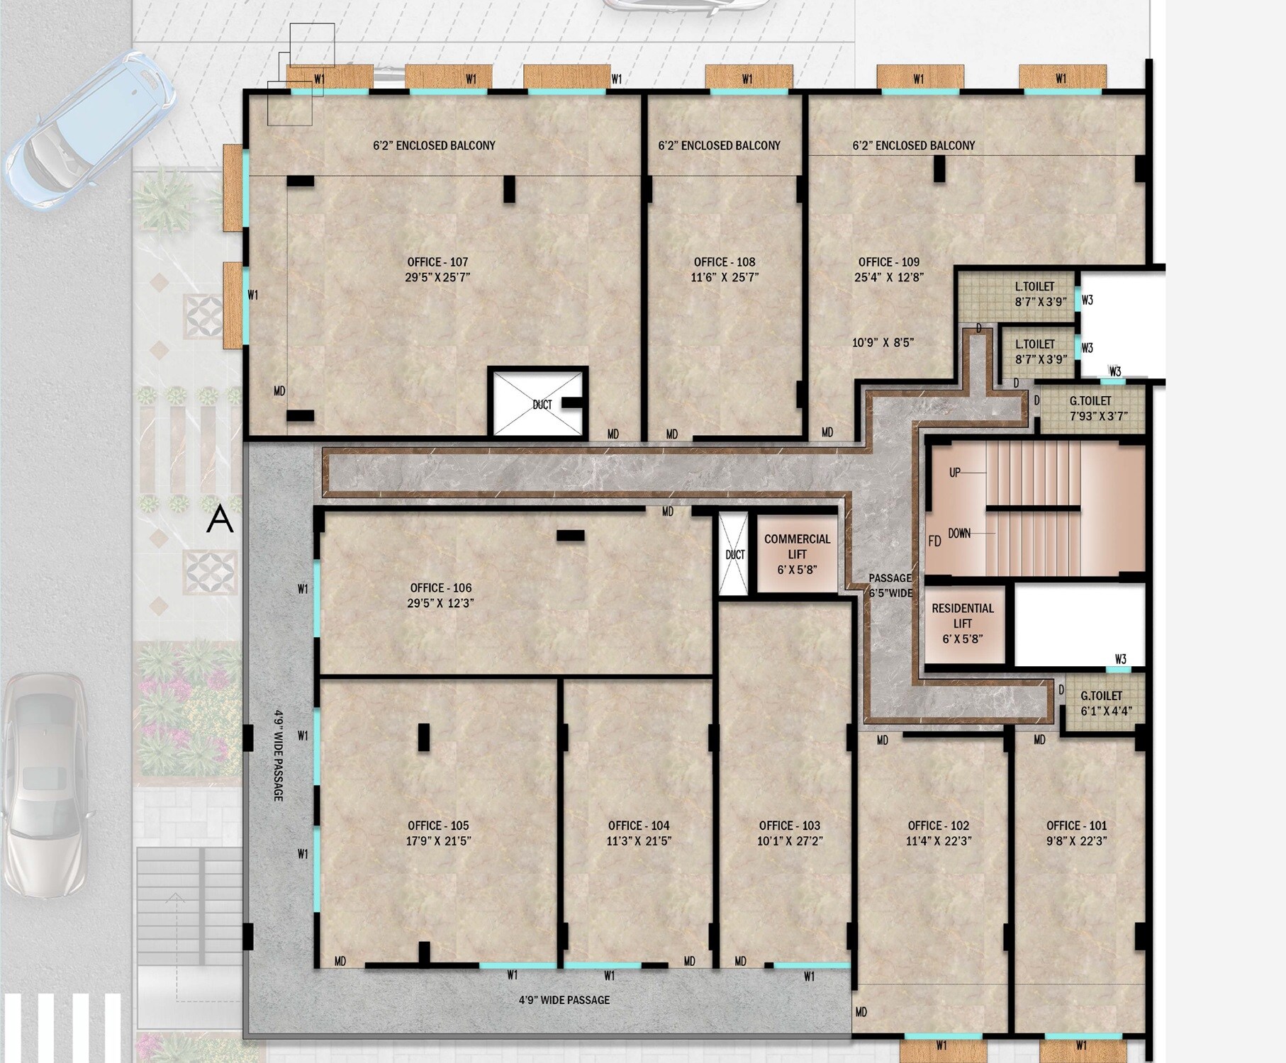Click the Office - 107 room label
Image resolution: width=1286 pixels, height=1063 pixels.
click(437, 262)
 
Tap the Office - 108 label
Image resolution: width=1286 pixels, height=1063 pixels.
click(725, 262)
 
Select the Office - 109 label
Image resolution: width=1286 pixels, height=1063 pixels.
click(889, 262)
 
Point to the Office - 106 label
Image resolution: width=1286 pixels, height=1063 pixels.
click(440, 588)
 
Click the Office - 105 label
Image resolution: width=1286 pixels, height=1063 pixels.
click(438, 826)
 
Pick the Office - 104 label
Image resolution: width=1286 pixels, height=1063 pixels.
click(639, 826)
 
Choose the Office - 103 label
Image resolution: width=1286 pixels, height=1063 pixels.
click(789, 826)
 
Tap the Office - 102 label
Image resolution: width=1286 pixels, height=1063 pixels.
click(939, 826)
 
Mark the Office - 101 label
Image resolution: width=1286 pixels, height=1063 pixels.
click(1076, 826)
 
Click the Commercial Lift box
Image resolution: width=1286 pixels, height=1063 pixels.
click(797, 554)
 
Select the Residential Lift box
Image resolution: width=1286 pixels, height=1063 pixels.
click(963, 624)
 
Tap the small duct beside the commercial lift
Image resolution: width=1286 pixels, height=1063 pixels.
click(734, 554)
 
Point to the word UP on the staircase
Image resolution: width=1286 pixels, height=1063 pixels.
click(955, 473)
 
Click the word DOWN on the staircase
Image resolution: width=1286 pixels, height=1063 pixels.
click(959, 533)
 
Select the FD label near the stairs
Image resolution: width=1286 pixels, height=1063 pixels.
click(934, 541)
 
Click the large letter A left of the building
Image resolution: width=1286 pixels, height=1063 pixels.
click(219, 519)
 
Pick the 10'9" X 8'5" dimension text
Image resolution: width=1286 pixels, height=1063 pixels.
click(883, 343)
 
